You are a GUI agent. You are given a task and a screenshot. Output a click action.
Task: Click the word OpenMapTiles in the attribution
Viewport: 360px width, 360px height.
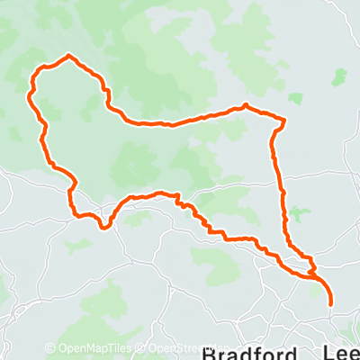(87, 349)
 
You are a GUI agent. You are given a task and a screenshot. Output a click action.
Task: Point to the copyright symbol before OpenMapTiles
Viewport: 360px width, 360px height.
(50, 349)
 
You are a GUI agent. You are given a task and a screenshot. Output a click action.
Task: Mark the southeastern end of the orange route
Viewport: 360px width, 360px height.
(331, 304)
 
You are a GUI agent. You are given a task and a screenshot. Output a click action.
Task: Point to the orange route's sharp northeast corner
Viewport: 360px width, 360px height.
(285, 120)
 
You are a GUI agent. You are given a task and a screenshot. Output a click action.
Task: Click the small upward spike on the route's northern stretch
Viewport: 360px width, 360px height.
(245, 105)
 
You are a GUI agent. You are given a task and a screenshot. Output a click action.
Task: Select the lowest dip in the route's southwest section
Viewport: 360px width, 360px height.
(105, 227)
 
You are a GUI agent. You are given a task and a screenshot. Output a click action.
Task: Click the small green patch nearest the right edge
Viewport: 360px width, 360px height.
(339, 77)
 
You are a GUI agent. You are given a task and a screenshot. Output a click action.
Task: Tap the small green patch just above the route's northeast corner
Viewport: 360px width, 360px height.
(296, 98)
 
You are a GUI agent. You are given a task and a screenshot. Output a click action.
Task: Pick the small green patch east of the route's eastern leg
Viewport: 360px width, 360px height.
(300, 214)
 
